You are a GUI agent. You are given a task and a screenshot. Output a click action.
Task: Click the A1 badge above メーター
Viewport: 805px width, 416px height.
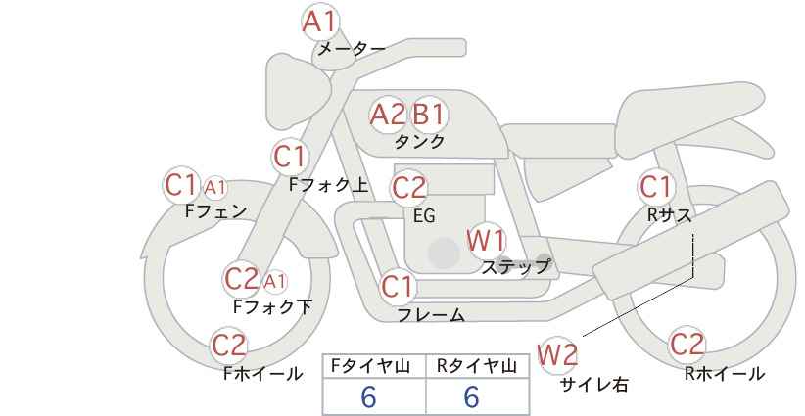point(319,21)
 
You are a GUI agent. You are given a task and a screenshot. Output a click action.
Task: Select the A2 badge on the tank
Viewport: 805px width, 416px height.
point(387,115)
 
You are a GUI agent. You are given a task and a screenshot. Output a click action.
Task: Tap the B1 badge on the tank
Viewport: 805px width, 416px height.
point(428,115)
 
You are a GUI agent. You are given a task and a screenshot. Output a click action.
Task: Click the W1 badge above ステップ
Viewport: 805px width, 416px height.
point(486,240)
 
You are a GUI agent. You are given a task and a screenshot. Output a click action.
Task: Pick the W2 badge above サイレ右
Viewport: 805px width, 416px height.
point(558,354)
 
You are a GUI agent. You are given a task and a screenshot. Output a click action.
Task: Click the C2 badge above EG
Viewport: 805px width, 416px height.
point(408,187)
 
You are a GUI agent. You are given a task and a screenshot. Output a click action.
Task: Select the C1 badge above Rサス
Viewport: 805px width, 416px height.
point(655,186)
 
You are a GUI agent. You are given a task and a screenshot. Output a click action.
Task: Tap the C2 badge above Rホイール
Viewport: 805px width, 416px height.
point(687,345)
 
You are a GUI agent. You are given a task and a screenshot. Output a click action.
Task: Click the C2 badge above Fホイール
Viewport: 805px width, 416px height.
point(229,345)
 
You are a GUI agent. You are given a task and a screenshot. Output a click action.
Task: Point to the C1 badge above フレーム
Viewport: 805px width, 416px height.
point(398,287)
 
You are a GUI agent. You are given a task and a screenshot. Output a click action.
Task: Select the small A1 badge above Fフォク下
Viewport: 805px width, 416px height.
point(275,282)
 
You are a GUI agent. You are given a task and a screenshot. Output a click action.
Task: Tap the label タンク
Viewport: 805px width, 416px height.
point(419,141)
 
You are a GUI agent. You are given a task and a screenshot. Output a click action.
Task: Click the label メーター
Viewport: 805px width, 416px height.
point(351,48)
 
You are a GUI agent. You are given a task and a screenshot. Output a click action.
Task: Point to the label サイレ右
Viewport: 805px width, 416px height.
point(593,385)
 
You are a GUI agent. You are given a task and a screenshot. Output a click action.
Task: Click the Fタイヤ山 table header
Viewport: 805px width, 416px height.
point(374,366)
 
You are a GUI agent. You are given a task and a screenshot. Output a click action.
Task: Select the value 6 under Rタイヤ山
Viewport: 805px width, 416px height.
point(471,397)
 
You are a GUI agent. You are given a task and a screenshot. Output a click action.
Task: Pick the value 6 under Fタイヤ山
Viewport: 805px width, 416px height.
point(368,397)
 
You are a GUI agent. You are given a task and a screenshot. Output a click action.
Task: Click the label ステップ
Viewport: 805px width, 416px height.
point(516,265)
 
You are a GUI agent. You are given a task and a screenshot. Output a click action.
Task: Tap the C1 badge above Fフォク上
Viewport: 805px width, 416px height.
point(290,156)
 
